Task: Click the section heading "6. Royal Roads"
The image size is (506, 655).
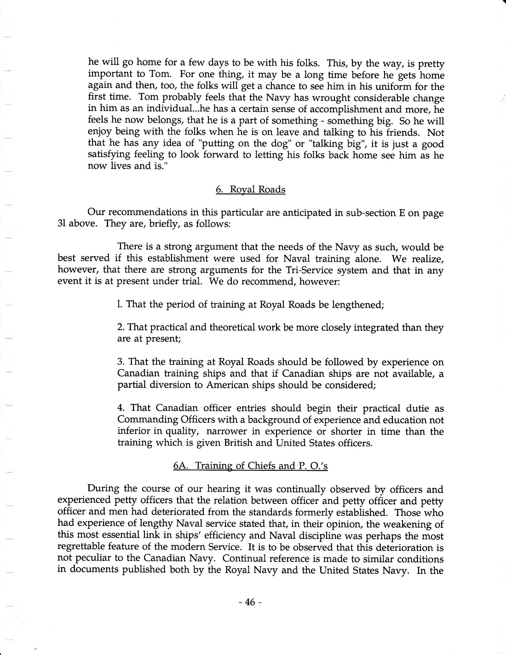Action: [250, 190]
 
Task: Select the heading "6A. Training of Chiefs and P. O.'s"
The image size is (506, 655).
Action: [250, 466]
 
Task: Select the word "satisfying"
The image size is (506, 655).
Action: [109, 155]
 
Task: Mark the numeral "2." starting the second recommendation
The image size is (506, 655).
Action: [121, 327]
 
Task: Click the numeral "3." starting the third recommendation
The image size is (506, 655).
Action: [121, 362]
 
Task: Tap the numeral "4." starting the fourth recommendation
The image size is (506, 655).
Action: [121, 408]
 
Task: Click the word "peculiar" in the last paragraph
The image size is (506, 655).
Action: [92, 559]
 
